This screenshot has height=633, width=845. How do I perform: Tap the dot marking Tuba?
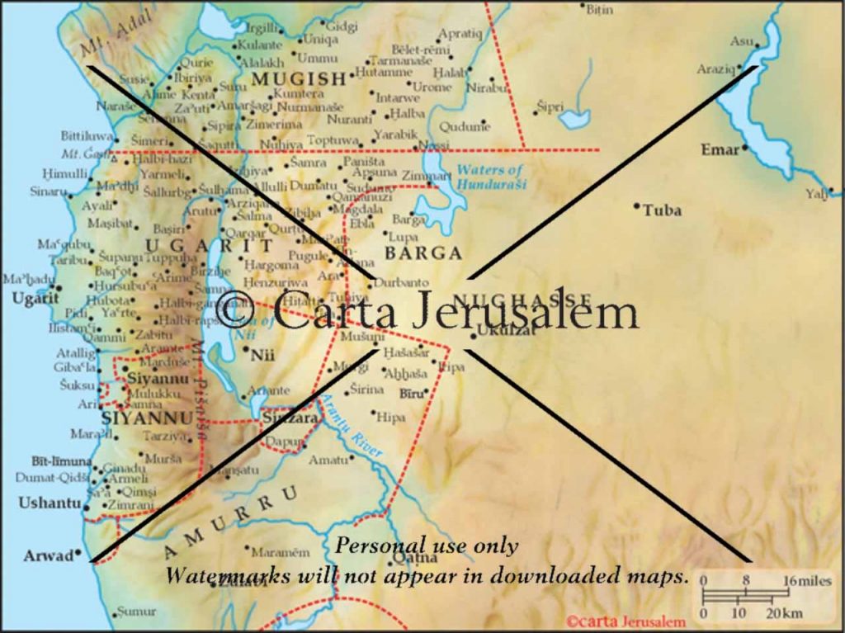coord(637,205)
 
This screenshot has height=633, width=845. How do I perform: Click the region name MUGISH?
coord(298,79)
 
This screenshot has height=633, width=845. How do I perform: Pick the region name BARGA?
coord(423,253)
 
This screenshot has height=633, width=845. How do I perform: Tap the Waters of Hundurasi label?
coord(490,177)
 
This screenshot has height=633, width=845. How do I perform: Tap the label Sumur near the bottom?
coord(135,612)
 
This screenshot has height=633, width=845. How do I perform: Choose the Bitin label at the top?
coord(600,8)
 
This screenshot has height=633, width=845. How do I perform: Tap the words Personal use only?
coord(427,546)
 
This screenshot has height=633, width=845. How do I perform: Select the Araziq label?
coord(715,68)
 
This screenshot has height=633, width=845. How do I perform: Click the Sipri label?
coord(550,106)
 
